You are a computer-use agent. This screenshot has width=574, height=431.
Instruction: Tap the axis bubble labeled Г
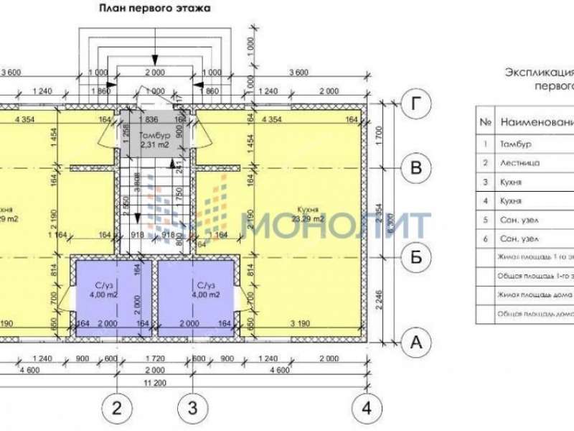[x=415, y=103]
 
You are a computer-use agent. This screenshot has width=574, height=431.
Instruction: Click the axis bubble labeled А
[x=415, y=343]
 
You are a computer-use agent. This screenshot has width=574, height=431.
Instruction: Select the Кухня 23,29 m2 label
[x=308, y=214]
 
